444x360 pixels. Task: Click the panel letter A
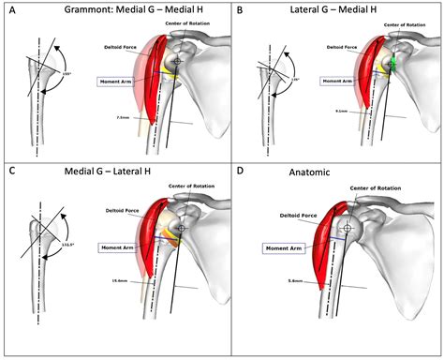[11, 9]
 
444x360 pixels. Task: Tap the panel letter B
[240, 9]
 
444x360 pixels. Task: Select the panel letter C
[11, 170]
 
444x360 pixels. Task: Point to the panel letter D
[240, 171]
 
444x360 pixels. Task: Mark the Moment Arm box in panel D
[283, 247]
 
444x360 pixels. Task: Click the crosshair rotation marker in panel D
[348, 228]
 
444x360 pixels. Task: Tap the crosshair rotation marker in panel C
[183, 228]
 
